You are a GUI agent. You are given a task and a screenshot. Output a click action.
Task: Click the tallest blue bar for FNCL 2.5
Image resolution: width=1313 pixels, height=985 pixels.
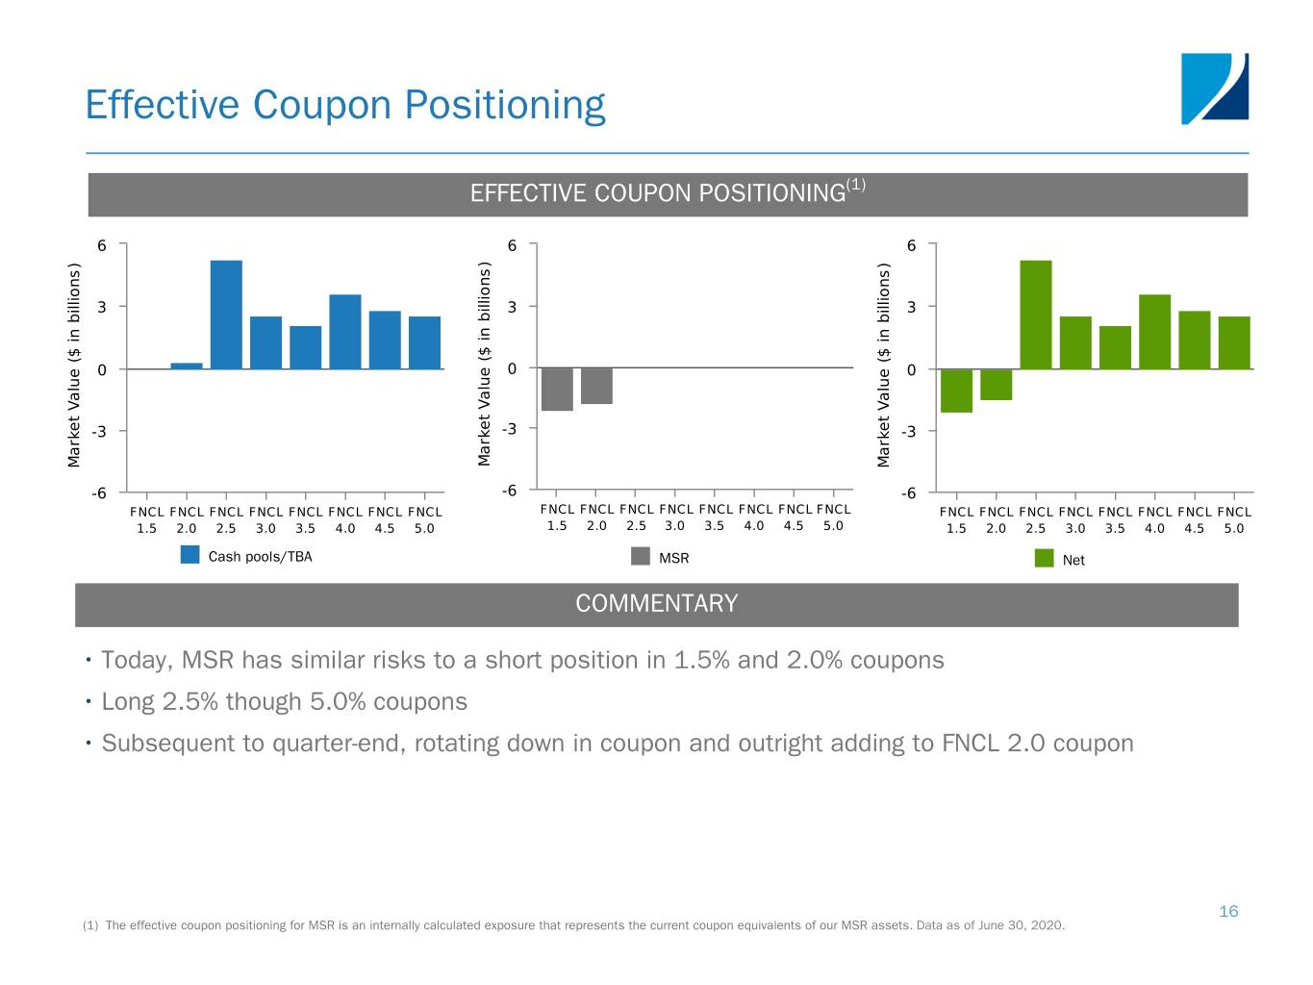226,315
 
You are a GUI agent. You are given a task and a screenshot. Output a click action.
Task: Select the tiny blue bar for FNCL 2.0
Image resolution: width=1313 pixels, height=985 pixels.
187,366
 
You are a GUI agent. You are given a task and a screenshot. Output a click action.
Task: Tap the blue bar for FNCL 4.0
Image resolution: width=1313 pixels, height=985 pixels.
345,332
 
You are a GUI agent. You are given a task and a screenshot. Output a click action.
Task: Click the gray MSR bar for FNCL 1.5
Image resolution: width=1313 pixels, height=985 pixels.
557,390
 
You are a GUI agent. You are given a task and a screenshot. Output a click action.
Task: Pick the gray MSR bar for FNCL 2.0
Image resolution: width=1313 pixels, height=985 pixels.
596,386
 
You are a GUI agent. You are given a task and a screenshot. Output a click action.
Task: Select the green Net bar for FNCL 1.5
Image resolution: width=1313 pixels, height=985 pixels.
956,391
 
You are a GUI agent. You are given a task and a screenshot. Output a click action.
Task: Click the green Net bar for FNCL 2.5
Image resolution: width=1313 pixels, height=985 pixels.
1036,315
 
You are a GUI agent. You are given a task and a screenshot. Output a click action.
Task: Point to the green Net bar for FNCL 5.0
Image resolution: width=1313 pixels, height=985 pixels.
1234,342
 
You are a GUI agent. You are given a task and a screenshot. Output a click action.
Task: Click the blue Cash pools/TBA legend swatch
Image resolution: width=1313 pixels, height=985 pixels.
190,555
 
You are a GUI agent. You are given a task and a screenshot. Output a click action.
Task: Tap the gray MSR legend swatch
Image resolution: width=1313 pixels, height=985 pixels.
641,556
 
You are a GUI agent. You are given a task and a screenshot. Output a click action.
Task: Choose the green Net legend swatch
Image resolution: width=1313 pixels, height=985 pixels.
1044,558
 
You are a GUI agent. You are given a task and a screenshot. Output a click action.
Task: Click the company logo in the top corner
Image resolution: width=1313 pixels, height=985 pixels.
1215,88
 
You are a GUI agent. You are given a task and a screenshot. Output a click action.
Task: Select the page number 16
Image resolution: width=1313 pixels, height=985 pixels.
1228,911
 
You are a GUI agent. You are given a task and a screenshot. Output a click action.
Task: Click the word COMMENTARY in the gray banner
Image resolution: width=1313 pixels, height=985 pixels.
657,604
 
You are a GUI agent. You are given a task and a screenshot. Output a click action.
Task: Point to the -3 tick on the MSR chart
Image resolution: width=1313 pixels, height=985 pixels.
510,428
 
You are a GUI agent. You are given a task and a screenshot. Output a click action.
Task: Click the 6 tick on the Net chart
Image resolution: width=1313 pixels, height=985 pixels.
911,245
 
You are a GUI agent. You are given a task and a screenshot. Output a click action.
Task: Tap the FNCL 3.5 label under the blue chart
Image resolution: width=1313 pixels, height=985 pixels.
306,520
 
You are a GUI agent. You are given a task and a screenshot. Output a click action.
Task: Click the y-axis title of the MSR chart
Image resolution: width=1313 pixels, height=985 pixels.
485,366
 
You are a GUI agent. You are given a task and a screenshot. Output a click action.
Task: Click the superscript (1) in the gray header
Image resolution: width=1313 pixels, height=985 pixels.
856,185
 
